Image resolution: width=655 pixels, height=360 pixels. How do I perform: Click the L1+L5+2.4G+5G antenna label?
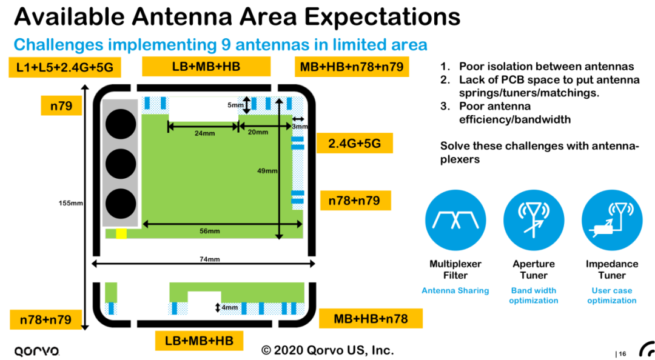65,67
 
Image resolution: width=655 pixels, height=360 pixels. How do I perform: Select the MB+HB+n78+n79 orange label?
352,67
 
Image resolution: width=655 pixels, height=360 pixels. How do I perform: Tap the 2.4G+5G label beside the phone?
355,143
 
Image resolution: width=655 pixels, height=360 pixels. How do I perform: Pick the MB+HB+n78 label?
371,319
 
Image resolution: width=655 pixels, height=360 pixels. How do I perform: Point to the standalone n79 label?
61,105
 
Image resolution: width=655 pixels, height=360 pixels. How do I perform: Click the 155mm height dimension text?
70,204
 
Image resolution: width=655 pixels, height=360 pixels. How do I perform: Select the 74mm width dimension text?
209,259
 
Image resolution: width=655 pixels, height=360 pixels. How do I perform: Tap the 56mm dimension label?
209,231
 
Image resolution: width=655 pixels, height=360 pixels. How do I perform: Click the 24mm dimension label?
205,133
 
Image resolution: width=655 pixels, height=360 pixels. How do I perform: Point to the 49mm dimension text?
267,171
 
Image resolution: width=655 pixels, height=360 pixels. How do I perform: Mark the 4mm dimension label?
229,308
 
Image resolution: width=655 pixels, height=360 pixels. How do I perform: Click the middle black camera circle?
120,164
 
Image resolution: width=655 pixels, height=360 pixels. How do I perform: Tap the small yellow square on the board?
121,234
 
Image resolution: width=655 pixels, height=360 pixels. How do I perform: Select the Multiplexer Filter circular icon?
455,220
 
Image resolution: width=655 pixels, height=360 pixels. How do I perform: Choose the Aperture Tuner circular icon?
534,220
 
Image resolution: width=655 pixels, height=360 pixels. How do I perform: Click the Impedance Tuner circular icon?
612,220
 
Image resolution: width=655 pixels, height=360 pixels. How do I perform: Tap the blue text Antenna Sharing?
455,291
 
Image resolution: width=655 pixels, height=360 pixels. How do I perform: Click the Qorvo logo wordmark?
37,351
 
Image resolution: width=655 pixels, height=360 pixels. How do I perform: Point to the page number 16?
622,354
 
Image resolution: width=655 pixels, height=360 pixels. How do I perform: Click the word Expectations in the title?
382,17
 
